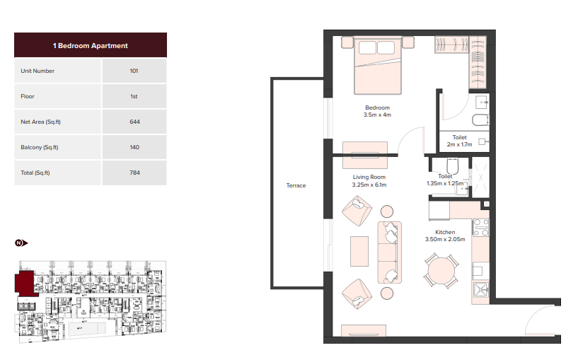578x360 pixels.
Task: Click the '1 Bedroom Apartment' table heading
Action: pyautogui.click(x=91, y=46)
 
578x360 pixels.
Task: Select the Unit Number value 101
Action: pyautogui.click(x=134, y=71)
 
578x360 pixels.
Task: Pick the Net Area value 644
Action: pyautogui.click(x=134, y=122)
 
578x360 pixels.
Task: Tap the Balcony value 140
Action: pyautogui.click(x=134, y=147)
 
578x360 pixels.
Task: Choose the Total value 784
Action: pyautogui.click(x=134, y=173)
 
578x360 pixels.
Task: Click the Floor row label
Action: pyautogui.click(x=28, y=96)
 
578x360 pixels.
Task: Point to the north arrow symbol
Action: pyautogui.click(x=21, y=243)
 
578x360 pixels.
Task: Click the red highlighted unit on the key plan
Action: pyautogui.click(x=25, y=283)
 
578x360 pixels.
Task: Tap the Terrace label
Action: pyautogui.click(x=296, y=185)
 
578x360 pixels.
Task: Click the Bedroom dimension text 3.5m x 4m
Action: pyautogui.click(x=377, y=115)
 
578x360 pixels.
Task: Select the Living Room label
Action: pyautogui.click(x=369, y=177)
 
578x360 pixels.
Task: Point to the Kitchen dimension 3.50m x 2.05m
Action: pyautogui.click(x=445, y=239)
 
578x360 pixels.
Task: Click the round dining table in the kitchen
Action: pyautogui.click(x=441, y=270)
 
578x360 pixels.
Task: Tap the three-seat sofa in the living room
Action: pyautogui.click(x=389, y=252)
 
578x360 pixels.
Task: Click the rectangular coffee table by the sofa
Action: pyautogui.click(x=359, y=251)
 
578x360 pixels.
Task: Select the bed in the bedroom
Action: pyautogui.click(x=378, y=65)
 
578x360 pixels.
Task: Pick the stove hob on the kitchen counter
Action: pyautogui.click(x=480, y=227)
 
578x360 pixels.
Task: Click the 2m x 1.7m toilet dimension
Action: pyautogui.click(x=459, y=144)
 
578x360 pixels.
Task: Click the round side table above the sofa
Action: pyautogui.click(x=387, y=211)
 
